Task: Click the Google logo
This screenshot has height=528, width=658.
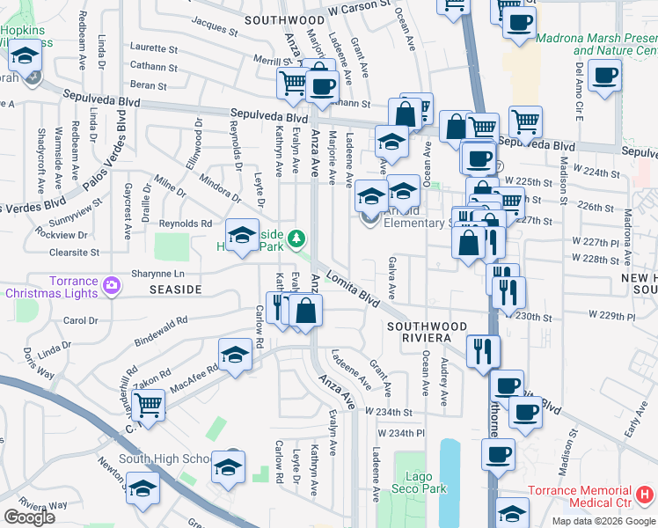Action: click(29, 517)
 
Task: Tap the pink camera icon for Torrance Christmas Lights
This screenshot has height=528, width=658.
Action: click(112, 284)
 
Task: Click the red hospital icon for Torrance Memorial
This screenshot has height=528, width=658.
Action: click(646, 495)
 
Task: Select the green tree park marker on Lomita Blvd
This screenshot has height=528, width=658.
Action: click(297, 238)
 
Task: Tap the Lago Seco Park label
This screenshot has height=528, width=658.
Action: click(420, 481)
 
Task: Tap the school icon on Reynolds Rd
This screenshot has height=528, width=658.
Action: click(242, 234)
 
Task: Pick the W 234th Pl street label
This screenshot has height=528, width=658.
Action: click(400, 433)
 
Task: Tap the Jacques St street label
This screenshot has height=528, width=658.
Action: click(216, 25)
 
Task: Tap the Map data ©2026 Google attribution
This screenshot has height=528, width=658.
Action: click(603, 521)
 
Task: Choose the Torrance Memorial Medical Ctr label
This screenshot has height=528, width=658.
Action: click(581, 496)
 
